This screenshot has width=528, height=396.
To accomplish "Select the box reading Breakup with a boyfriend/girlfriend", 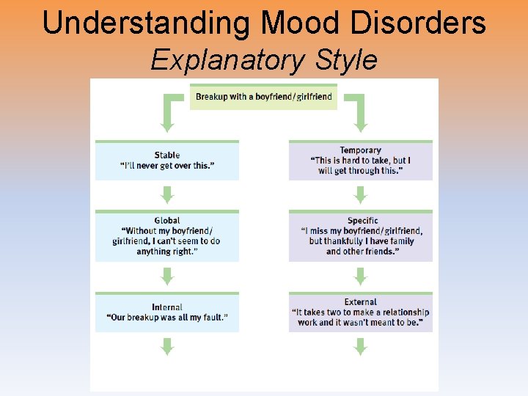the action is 263,97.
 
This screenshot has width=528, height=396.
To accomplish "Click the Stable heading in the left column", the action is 167,155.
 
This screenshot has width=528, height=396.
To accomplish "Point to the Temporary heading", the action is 360,150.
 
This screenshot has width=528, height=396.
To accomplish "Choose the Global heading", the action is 167,220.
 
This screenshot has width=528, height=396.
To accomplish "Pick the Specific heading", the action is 362,220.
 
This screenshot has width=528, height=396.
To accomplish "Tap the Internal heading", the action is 167,307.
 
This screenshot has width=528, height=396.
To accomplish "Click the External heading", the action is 360,301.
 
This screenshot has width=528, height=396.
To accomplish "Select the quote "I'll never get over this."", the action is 167,166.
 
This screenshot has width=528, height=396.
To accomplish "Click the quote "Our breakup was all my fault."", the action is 167,318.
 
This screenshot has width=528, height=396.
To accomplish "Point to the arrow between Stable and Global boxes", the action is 167,194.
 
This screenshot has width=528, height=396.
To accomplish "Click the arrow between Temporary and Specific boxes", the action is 360,194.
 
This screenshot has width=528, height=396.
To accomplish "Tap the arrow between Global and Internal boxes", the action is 167,276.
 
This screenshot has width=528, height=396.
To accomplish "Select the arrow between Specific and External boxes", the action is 360,276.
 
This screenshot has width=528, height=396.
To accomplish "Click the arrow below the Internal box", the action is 167,346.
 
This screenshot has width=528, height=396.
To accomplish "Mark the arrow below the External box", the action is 360,346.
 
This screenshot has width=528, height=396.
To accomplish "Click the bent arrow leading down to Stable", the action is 169,114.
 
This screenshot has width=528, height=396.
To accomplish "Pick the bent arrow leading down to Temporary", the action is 359,114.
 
